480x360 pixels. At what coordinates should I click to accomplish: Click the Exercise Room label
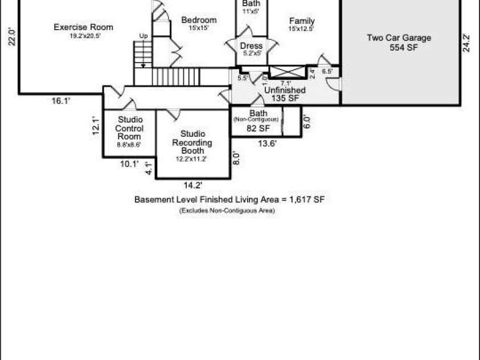[x=83, y=27]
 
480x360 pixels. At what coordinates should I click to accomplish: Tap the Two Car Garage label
[x=399, y=38]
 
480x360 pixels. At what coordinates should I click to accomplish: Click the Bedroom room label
[x=199, y=21]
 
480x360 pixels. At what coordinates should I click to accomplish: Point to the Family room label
[x=301, y=22]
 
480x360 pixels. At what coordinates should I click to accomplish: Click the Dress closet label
[x=251, y=46]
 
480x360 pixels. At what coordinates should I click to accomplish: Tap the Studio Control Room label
[x=129, y=128]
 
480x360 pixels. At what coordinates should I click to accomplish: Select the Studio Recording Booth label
[x=192, y=142]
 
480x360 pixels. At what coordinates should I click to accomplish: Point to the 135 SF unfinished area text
[x=285, y=99]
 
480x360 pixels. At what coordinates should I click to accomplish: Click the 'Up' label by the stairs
[x=144, y=36]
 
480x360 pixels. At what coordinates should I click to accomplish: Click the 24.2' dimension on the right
[x=466, y=43]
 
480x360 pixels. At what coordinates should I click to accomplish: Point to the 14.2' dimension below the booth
[x=193, y=185]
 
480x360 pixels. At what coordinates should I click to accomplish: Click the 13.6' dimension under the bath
[x=267, y=144]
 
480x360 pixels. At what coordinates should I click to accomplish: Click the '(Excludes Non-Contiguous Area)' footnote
[x=227, y=211]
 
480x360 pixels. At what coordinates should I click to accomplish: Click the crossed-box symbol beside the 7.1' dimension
[x=288, y=72]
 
